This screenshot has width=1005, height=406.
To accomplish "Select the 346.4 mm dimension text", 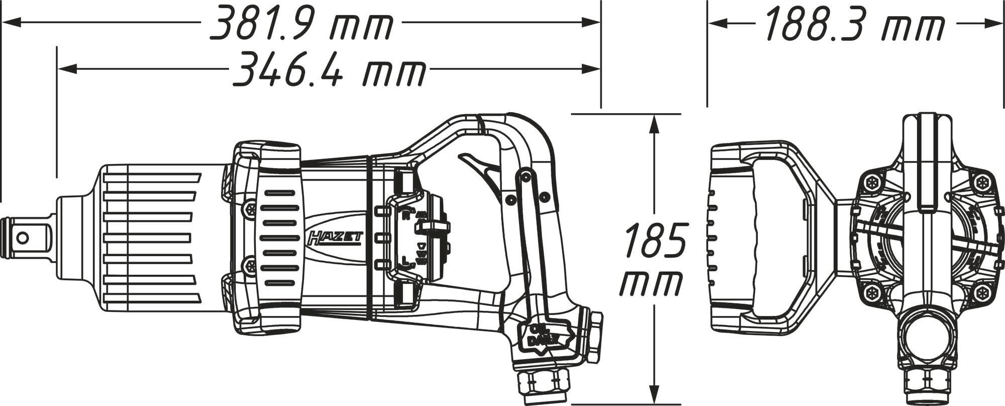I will [x=329, y=69].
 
